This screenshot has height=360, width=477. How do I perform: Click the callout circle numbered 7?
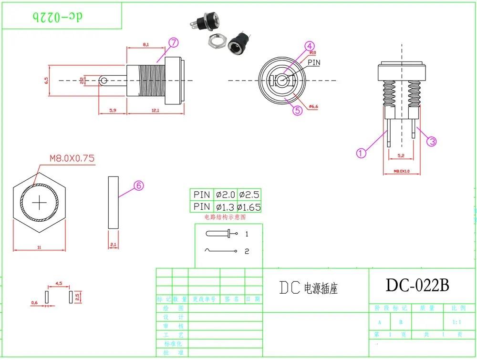tap(173, 42)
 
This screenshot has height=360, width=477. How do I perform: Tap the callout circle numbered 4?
tap(310, 46)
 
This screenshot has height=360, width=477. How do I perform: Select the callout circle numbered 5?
tap(297, 111)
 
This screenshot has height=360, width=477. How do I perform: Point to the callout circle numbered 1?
tap(361, 153)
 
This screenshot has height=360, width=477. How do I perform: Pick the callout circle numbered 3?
tap(432, 141)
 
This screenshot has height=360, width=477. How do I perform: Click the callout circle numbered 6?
tap(138, 185)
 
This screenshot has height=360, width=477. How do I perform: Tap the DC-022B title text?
tap(417, 285)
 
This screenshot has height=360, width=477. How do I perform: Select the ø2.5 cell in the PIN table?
tap(249, 195)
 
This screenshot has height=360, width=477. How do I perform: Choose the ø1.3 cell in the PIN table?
tap(225, 207)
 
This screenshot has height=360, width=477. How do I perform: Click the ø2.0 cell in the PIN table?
tap(225, 195)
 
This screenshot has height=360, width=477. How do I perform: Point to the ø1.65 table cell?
tap(249, 207)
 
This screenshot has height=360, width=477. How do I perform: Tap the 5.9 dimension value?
tap(113, 111)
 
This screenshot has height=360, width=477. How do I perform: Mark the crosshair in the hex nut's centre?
tap(39, 203)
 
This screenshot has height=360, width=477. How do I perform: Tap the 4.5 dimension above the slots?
tap(59, 283)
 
